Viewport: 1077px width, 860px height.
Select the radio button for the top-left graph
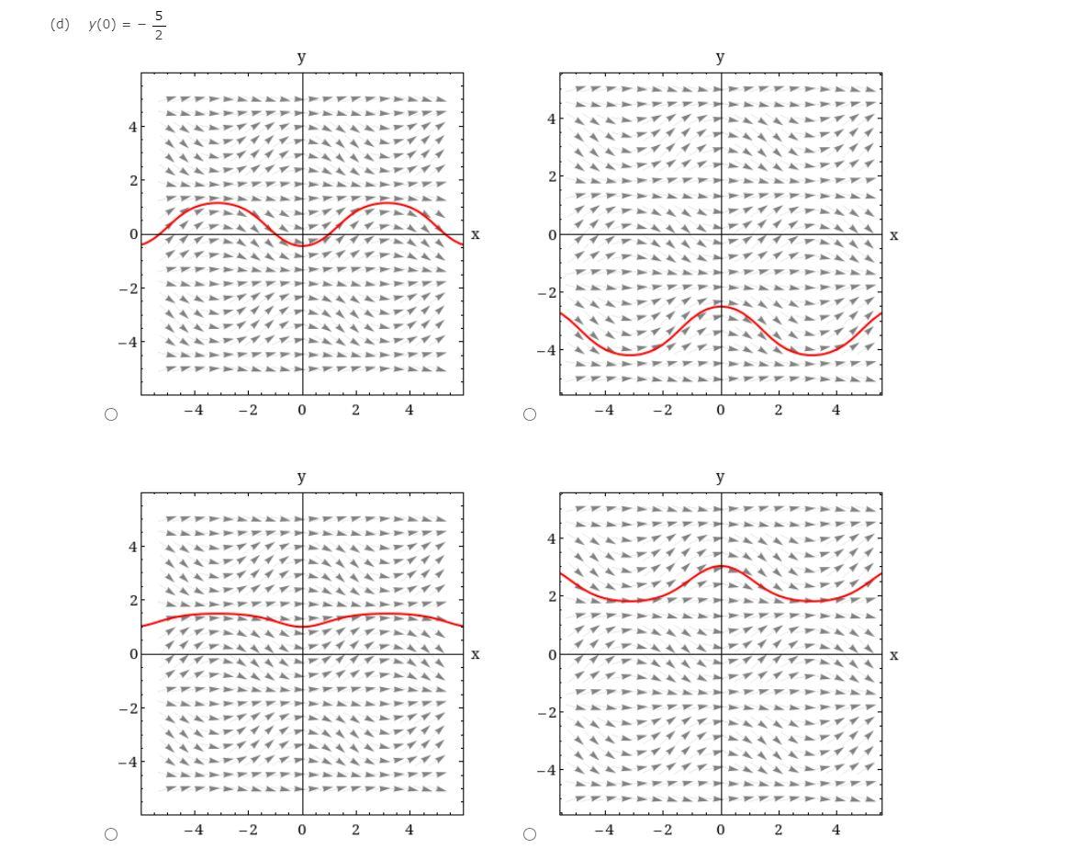tap(111, 414)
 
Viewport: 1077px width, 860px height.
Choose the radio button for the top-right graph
tap(530, 414)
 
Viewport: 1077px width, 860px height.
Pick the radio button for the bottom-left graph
tap(111, 834)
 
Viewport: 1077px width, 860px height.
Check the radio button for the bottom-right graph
tap(530, 834)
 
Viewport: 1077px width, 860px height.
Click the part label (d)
tap(60, 25)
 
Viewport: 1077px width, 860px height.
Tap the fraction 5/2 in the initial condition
tap(159, 26)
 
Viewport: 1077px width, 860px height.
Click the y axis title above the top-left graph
tap(301, 57)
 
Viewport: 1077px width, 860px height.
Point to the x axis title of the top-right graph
tap(894, 235)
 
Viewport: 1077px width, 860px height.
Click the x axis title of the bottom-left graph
tap(475, 654)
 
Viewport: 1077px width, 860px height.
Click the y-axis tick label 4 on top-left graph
tap(133, 127)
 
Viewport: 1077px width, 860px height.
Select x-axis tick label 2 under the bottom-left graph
tap(356, 831)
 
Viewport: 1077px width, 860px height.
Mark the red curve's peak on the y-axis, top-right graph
tap(721, 306)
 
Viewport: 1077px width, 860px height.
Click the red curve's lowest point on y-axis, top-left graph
tap(302, 245)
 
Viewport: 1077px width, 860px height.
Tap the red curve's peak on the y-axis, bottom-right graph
tap(721, 566)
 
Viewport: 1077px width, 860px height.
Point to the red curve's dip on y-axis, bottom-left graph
tap(302, 627)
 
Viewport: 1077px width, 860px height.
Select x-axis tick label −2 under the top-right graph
tap(661, 411)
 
